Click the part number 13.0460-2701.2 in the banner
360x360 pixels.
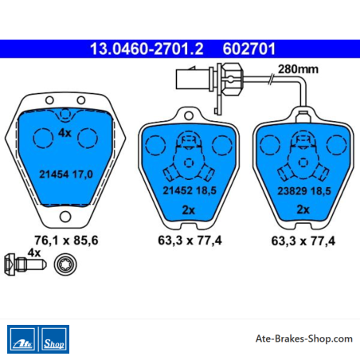tap(147, 49)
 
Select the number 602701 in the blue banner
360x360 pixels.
tap(249, 49)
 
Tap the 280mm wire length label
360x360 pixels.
tap(298, 69)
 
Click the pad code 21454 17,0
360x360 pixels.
tap(66, 174)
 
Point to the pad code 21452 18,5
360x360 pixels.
tap(190, 190)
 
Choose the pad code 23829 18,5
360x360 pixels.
tap(304, 191)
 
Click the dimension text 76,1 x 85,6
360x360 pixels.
tap(66, 241)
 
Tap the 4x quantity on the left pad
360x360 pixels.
tap(65, 133)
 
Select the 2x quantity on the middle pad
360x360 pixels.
tap(189, 210)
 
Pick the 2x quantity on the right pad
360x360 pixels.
tap(303, 209)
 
